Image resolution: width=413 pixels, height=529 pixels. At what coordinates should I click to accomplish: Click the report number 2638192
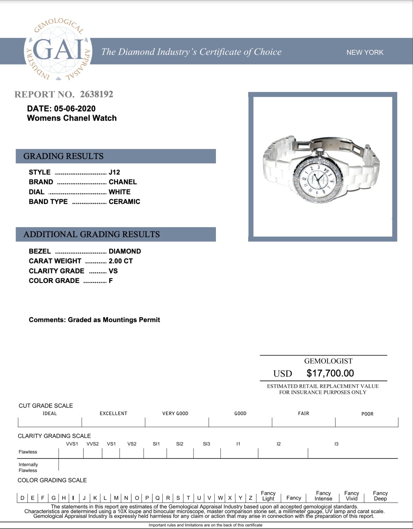coord(96,94)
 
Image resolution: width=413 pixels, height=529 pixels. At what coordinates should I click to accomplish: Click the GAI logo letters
coord(58,50)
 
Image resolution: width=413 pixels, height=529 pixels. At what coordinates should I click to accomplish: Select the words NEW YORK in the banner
coord(365,52)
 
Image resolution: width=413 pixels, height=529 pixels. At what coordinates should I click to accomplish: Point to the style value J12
coord(114,172)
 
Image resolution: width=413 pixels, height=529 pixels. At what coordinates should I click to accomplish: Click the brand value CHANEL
coord(122,182)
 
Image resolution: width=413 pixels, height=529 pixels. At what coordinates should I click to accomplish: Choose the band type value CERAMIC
coord(124,201)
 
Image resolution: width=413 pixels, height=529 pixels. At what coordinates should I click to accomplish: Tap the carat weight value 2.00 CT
coord(120,261)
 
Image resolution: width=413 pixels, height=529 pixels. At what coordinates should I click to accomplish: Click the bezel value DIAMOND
coord(125,251)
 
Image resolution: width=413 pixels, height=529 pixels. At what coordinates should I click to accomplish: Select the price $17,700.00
coord(330,373)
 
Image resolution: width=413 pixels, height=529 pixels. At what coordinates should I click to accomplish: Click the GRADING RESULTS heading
coord(63,156)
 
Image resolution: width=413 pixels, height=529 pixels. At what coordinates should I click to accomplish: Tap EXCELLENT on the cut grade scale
coord(113,413)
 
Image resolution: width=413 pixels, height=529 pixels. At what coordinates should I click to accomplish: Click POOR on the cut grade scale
coord(367,414)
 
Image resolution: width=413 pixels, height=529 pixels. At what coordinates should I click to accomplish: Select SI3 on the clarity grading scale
coord(206,444)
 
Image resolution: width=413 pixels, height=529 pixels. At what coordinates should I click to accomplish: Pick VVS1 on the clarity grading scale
coord(72,444)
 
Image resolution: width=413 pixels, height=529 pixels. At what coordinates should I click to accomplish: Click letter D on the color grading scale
coord(22,498)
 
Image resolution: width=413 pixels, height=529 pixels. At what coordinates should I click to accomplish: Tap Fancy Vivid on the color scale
coord(351,496)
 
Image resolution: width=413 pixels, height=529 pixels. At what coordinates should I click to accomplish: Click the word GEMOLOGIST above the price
coord(328,361)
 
